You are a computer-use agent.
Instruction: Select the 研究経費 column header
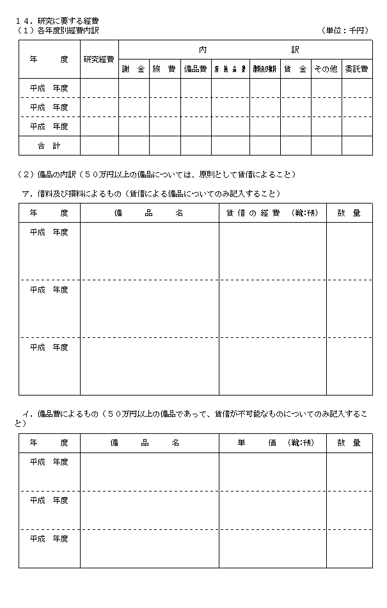pyautogui.click(x=99, y=60)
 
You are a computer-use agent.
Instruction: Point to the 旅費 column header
pyautogui.click(x=164, y=69)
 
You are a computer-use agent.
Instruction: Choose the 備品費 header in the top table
pyautogui.click(x=195, y=69)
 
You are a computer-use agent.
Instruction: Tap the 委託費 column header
pyautogui.click(x=356, y=69)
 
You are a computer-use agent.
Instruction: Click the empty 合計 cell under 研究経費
pyautogui.click(x=99, y=146)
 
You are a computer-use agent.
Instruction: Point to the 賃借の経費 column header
pyautogui.click(x=272, y=213)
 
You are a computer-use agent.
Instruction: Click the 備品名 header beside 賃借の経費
pyautogui.click(x=149, y=213)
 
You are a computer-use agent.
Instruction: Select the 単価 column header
pyautogui.click(x=272, y=443)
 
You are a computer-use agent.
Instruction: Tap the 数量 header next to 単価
pyautogui.click(x=349, y=443)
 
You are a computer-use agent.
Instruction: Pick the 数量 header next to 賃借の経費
pyautogui.click(x=349, y=213)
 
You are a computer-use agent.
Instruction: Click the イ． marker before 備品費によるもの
pyautogui.click(x=28, y=414)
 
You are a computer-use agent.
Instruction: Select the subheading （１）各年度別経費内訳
pyautogui.click(x=58, y=30)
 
